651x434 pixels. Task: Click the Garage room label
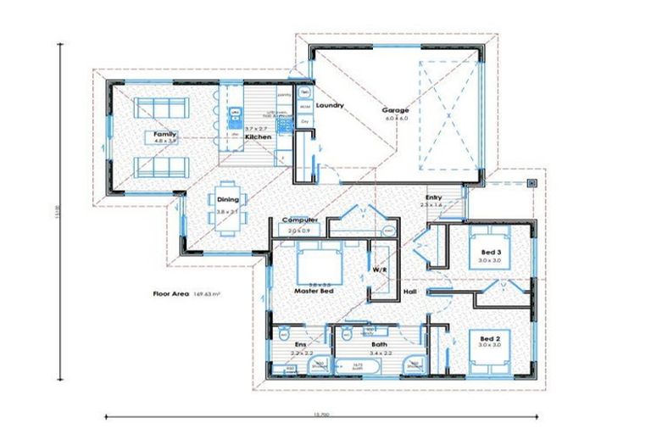[395, 110]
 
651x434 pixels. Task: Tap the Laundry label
[329, 105]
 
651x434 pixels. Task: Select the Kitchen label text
[258, 136]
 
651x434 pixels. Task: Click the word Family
[164, 134]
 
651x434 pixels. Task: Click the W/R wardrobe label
[380, 270]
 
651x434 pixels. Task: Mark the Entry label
[432, 198]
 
